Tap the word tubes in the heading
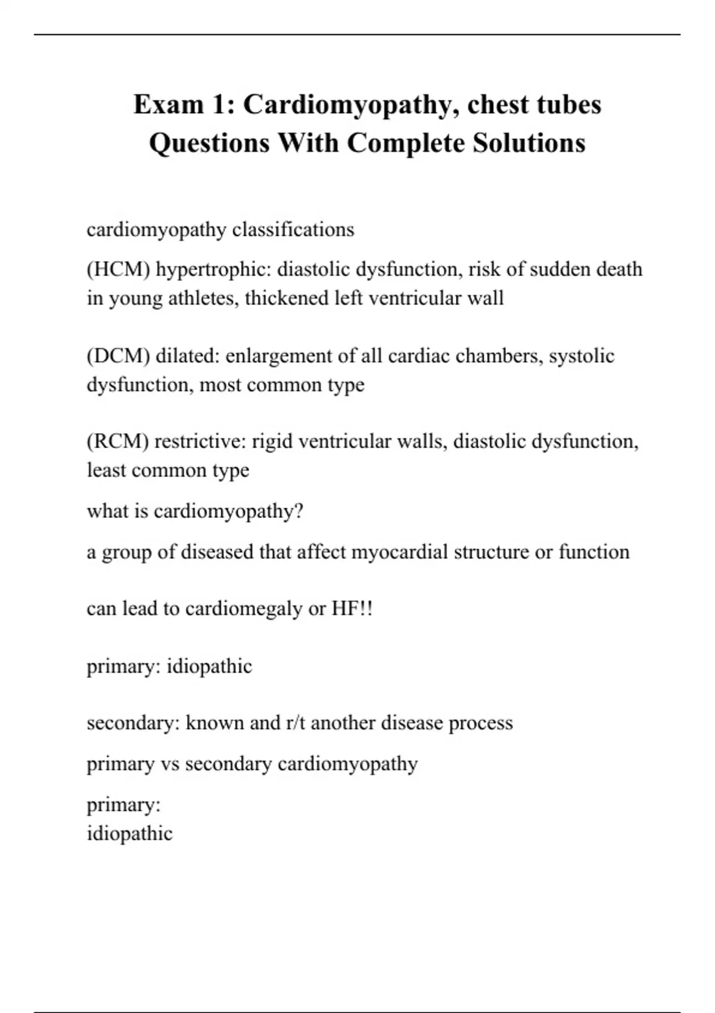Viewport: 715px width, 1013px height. pyautogui.click(x=569, y=104)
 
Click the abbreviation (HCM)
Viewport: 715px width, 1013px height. pyautogui.click(x=118, y=269)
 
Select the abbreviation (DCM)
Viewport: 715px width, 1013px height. pyautogui.click(x=118, y=356)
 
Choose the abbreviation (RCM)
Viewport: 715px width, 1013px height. pyautogui.click(x=117, y=442)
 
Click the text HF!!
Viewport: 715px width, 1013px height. pyautogui.click(x=352, y=609)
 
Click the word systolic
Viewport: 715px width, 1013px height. pyautogui.click(x=582, y=356)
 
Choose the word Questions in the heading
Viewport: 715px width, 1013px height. pyautogui.click(x=209, y=143)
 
